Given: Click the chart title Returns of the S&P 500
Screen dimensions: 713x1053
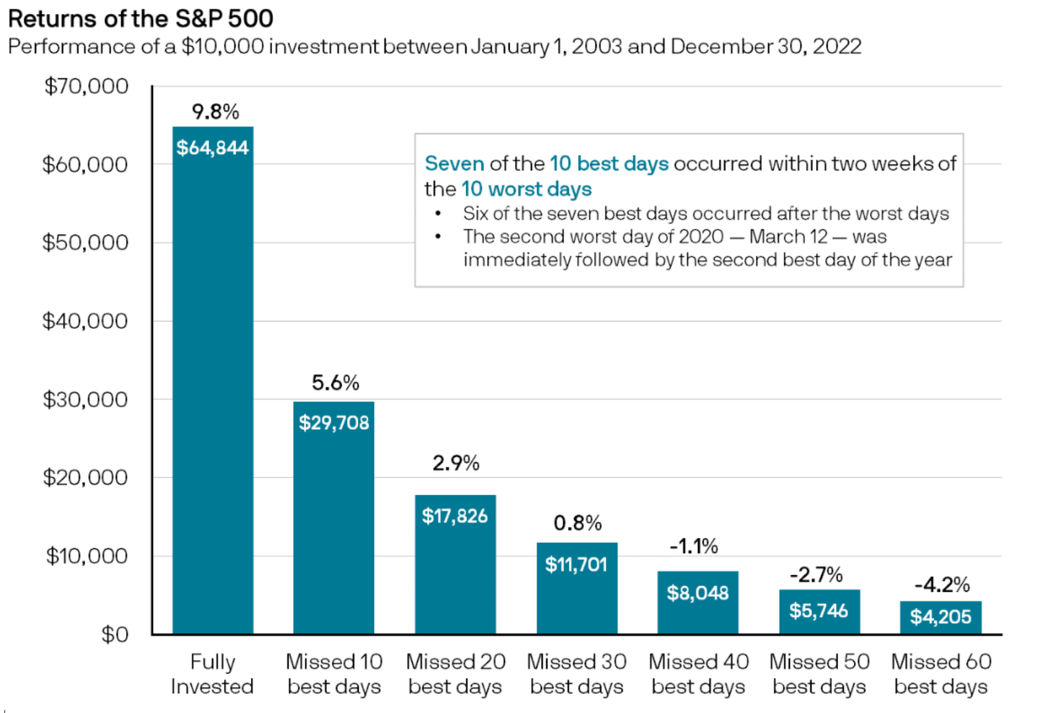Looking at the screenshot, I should click(x=140, y=19).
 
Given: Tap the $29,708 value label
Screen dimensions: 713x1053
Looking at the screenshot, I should click(x=334, y=423).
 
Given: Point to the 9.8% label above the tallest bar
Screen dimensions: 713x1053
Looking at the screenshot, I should click(x=215, y=111).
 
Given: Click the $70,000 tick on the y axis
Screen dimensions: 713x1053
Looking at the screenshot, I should click(x=86, y=86).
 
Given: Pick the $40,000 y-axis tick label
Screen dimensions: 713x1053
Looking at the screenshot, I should click(x=85, y=321).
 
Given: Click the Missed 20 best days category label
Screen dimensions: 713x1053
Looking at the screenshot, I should click(x=455, y=674).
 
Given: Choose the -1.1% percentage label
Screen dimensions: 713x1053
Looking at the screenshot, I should click(x=693, y=546).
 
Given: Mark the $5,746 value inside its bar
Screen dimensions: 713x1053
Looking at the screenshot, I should click(x=818, y=610).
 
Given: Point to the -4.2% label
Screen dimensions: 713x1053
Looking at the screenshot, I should click(x=942, y=584).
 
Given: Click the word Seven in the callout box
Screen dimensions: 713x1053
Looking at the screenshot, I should click(x=454, y=164).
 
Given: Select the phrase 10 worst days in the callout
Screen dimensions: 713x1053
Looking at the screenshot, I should click(x=526, y=189).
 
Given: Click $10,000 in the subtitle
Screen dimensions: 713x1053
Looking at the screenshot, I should click(x=222, y=46).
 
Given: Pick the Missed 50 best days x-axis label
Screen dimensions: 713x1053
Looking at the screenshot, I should click(x=819, y=674).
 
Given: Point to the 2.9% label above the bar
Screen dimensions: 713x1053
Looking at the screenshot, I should click(x=455, y=463).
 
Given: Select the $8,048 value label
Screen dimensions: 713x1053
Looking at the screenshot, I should click(x=697, y=593).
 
